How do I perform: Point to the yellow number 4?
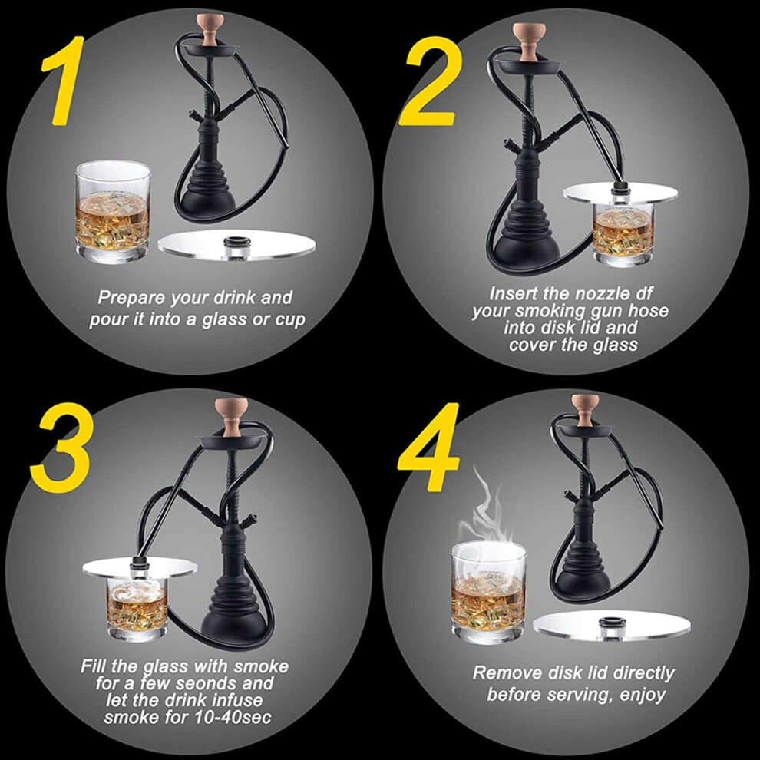[429, 446]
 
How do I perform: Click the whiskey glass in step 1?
[114, 213]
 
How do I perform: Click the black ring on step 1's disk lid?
[236, 241]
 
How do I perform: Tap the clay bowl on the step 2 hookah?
[527, 43]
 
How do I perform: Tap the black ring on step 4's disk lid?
[612, 622]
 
